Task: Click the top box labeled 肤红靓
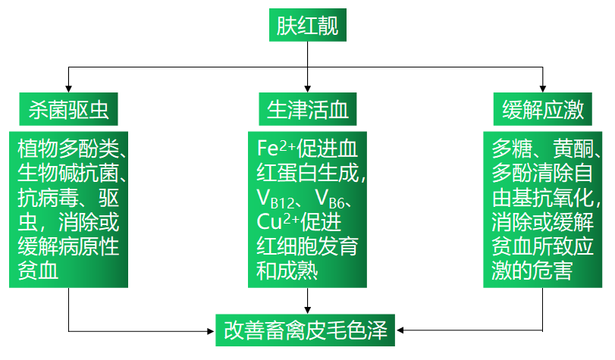(x=307, y=26)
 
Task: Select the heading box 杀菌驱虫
(x=68, y=110)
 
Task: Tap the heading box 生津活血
(x=307, y=110)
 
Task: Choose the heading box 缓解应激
(x=543, y=110)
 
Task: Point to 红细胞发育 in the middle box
(x=307, y=247)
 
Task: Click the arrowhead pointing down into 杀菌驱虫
(x=69, y=88)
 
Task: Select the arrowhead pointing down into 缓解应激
(x=543, y=88)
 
